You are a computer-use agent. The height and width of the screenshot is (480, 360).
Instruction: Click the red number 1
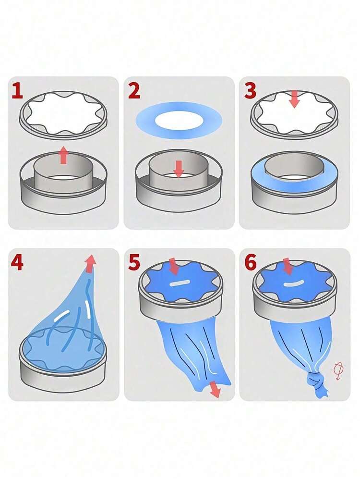pyautogui.click(x=17, y=91)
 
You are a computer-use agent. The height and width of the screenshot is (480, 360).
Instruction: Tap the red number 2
pyautogui.click(x=134, y=91)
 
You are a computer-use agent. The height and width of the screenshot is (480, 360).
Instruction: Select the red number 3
pyautogui.click(x=250, y=91)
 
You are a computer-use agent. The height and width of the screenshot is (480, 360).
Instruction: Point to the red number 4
pyautogui.click(x=17, y=263)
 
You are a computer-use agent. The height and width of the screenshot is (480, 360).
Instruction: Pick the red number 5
pyautogui.click(x=134, y=263)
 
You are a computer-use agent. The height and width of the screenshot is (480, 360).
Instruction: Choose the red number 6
pyautogui.click(x=251, y=263)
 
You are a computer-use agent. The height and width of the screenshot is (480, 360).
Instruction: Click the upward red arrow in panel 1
pyautogui.click(x=63, y=155)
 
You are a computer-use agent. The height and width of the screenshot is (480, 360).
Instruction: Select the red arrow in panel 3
pyautogui.click(x=294, y=99)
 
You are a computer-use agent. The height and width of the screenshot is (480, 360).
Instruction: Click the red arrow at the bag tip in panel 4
pyautogui.click(x=90, y=263)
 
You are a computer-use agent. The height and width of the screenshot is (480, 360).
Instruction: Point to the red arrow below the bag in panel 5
pyautogui.click(x=215, y=389)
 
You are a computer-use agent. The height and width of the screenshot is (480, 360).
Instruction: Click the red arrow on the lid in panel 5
pyautogui.click(x=174, y=266)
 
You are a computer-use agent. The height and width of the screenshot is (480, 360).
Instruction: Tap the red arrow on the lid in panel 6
pyautogui.click(x=288, y=266)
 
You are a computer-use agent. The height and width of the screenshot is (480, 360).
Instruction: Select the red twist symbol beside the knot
pyautogui.click(x=338, y=370)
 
